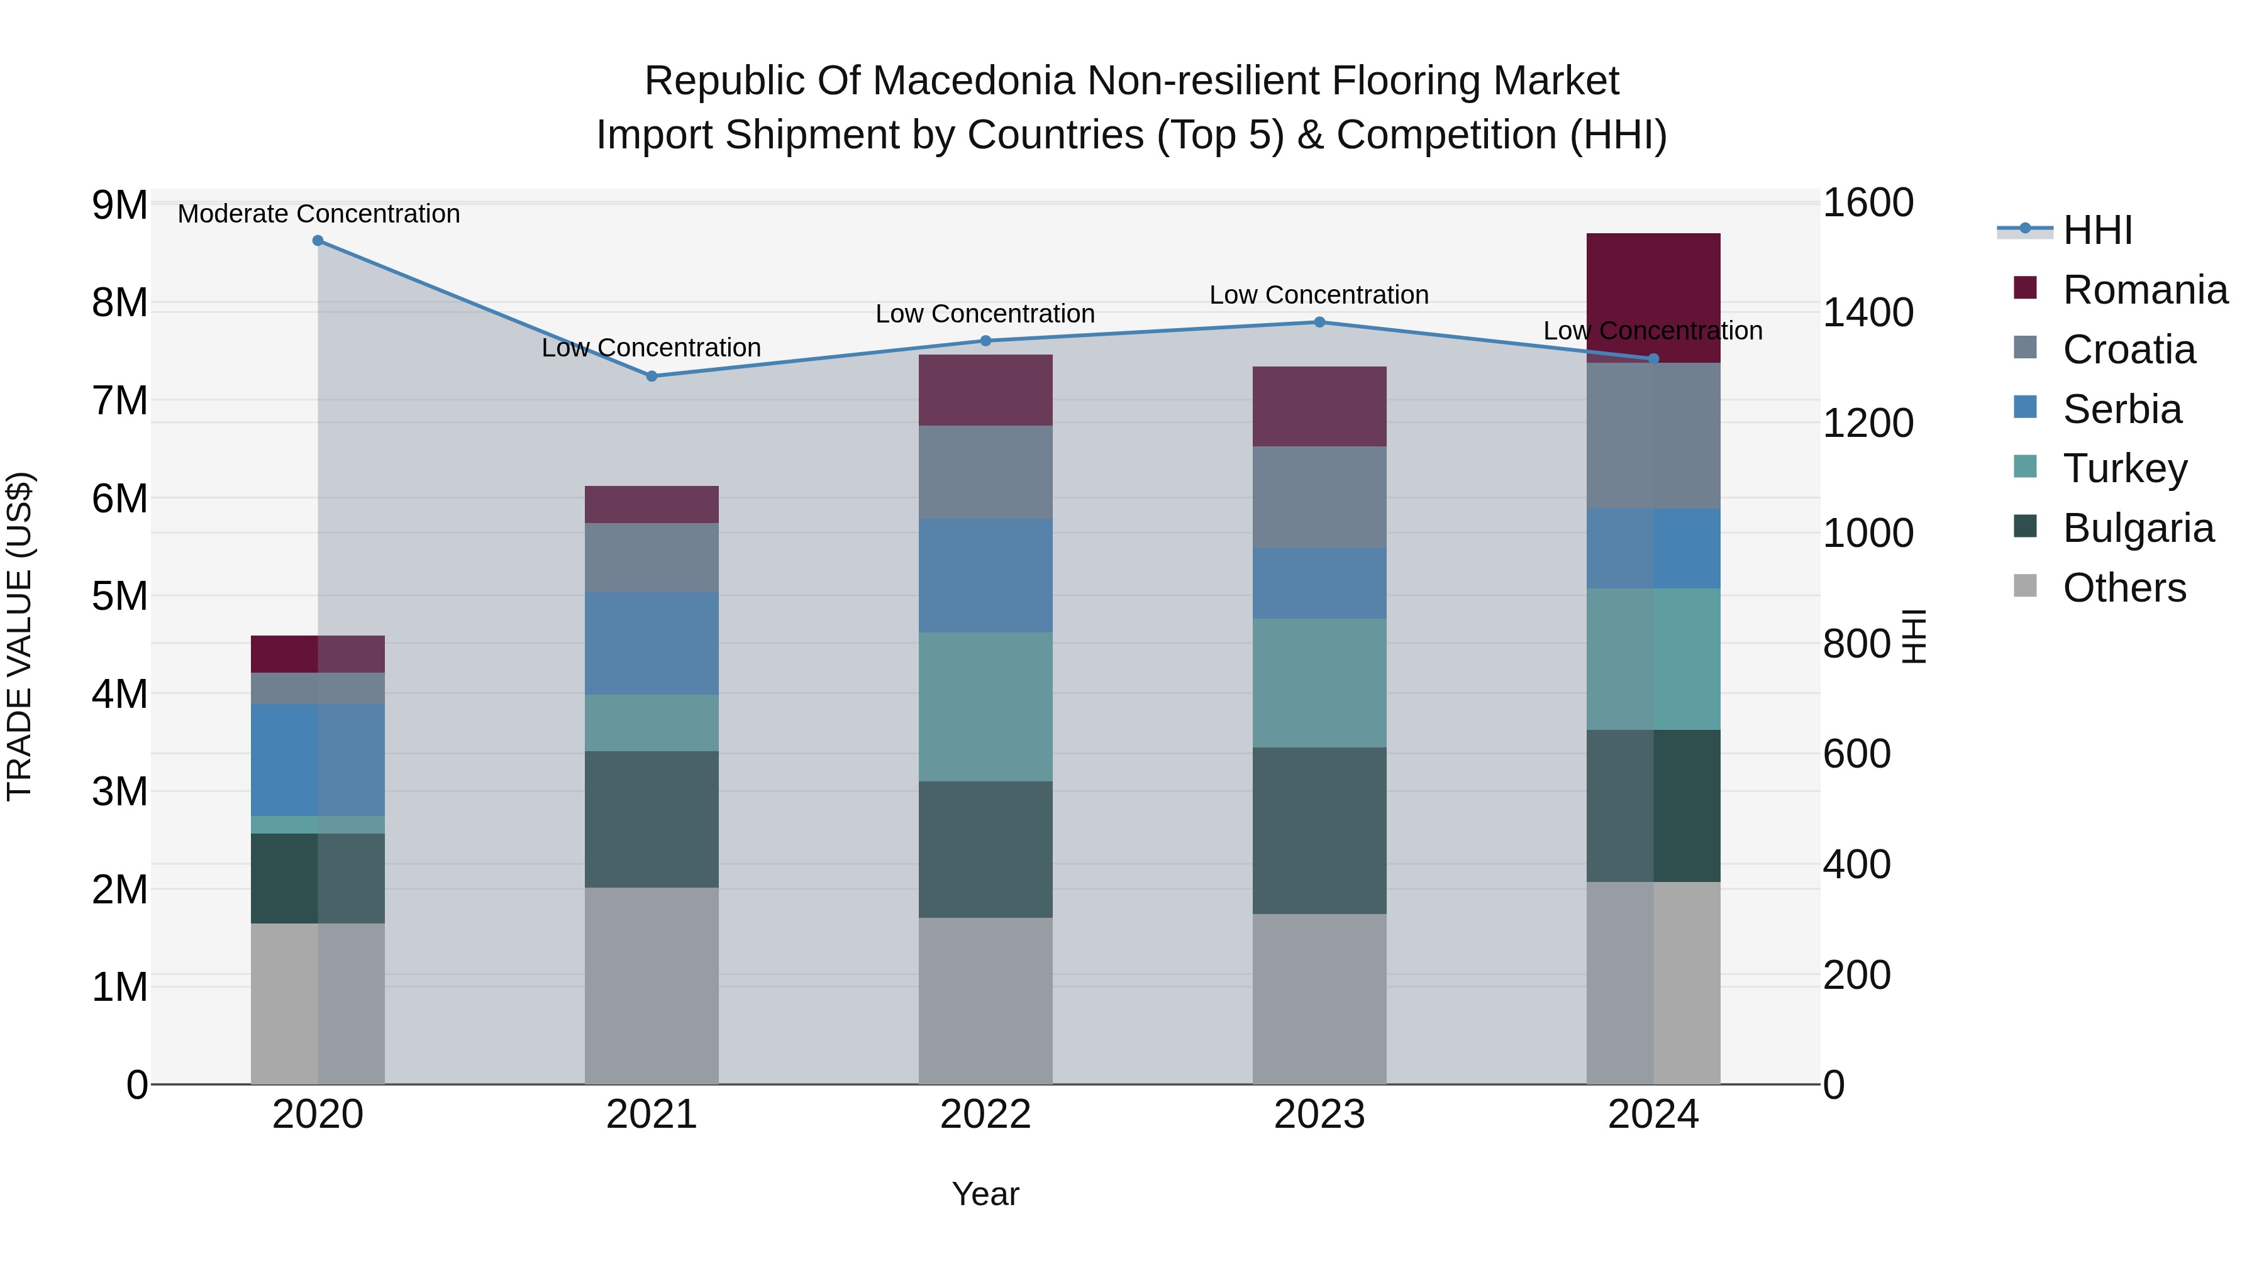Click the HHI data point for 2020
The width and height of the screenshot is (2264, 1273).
pyautogui.click(x=318, y=241)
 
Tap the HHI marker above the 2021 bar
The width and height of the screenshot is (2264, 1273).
pyautogui.click(x=652, y=376)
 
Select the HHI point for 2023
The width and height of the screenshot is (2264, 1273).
pyautogui.click(x=1319, y=322)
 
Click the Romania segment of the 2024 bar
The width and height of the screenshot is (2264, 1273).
pyautogui.click(x=1653, y=294)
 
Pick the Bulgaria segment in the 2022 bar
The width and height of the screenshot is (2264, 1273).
pyautogui.click(x=985, y=849)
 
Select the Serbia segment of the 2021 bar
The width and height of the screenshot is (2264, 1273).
pyautogui.click(x=652, y=643)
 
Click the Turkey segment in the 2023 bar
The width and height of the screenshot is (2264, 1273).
pyautogui.click(x=1319, y=683)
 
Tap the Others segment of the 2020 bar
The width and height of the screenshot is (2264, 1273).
pyautogui.click(x=318, y=1003)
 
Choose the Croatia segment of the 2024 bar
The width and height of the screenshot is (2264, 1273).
pyautogui.click(x=1653, y=436)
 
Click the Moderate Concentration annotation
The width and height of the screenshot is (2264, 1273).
pyautogui.click(x=318, y=214)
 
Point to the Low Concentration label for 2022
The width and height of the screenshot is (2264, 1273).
pyautogui.click(x=985, y=314)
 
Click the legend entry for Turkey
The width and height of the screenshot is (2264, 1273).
pyautogui.click(x=2124, y=468)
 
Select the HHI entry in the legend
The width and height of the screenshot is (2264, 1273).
pyautogui.click(x=2097, y=230)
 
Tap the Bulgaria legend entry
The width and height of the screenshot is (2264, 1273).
pyautogui.click(x=2138, y=528)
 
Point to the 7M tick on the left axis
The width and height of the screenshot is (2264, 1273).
pyautogui.click(x=119, y=400)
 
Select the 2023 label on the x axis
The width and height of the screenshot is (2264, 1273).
pyautogui.click(x=1319, y=1115)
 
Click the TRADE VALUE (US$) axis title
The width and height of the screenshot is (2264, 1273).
pyautogui.click(x=19, y=636)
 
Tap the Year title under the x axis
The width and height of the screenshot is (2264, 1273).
pyautogui.click(x=985, y=1194)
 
